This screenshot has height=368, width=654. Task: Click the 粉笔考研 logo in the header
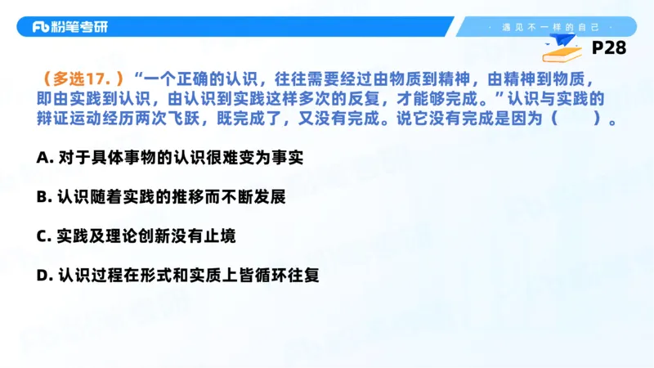tap(69, 27)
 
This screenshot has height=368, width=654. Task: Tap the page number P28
tap(608, 48)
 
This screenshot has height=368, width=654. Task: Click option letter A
tap(43, 157)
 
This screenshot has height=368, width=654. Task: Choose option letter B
tap(43, 197)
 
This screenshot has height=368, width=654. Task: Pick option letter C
tap(43, 236)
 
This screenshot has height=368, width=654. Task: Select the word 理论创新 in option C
tap(141, 236)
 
